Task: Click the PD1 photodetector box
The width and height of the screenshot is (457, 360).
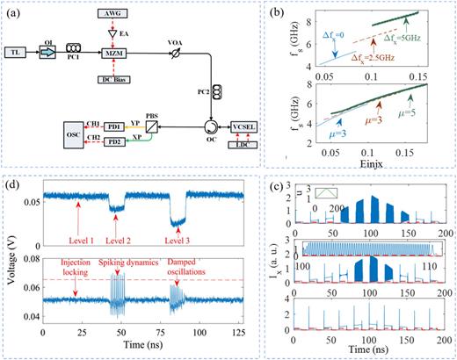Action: pyautogui.click(x=113, y=126)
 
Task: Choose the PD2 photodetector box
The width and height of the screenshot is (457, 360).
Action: pyautogui.click(x=113, y=143)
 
